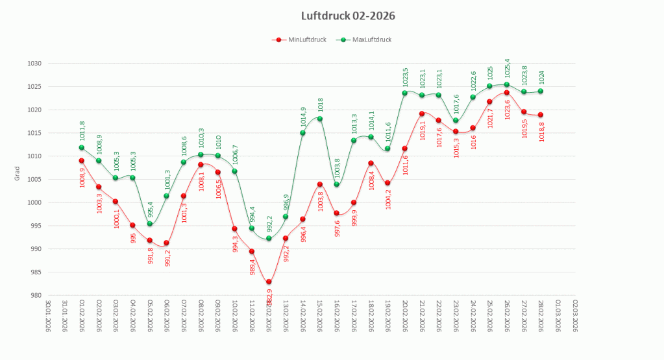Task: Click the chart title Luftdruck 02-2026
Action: pyautogui.click(x=349, y=15)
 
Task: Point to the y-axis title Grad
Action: pyautogui.click(x=18, y=173)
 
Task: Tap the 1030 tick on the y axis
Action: pyautogui.click(x=34, y=64)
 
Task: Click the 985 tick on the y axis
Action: pyautogui.click(x=36, y=272)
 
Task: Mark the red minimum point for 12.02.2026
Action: pyautogui.click(x=268, y=282)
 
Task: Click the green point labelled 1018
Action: pyautogui.click(x=319, y=119)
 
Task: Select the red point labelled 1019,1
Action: pyautogui.click(x=422, y=114)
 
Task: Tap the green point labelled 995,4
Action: pyautogui.click(x=149, y=224)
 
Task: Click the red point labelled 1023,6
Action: pyautogui.click(x=506, y=93)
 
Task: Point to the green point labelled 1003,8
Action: pyautogui.click(x=336, y=184)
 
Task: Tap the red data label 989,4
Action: pyautogui.click(x=252, y=267)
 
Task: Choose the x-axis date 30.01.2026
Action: pyautogui.click(x=48, y=315)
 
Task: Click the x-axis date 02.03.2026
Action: pyautogui.click(x=574, y=315)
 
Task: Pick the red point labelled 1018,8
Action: pyautogui.click(x=540, y=115)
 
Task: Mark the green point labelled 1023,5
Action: pyautogui.click(x=404, y=93)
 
